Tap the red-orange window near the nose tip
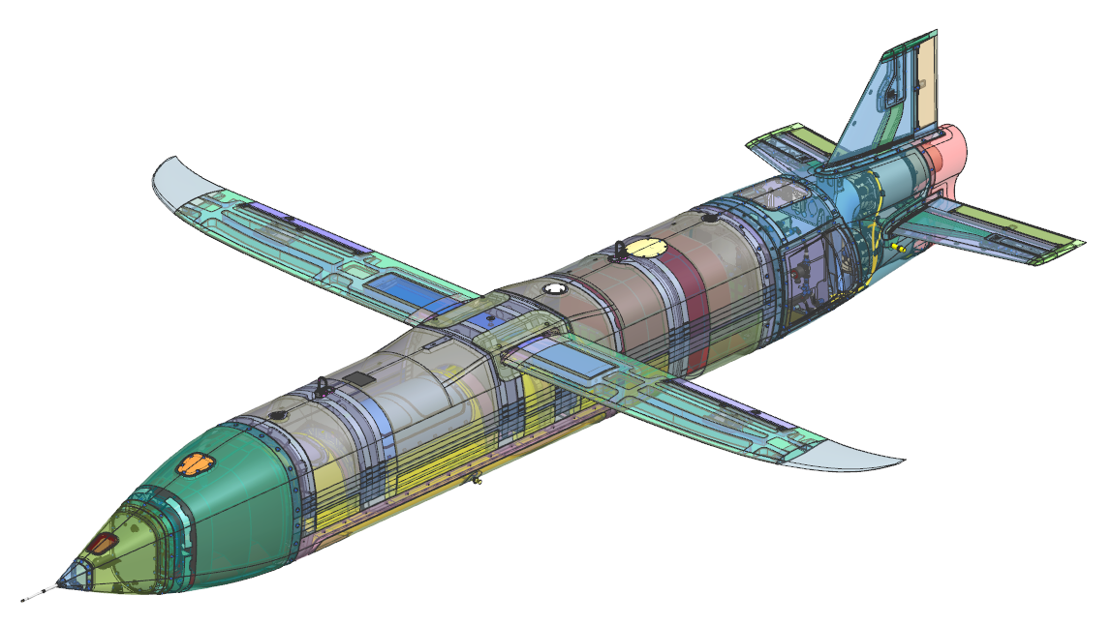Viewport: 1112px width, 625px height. coord(101,545)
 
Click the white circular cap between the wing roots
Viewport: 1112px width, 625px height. coord(553,288)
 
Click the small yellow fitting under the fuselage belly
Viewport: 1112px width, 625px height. coord(475,478)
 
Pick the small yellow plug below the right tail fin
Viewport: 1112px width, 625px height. coord(902,248)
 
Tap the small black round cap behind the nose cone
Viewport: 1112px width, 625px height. coord(279,415)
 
